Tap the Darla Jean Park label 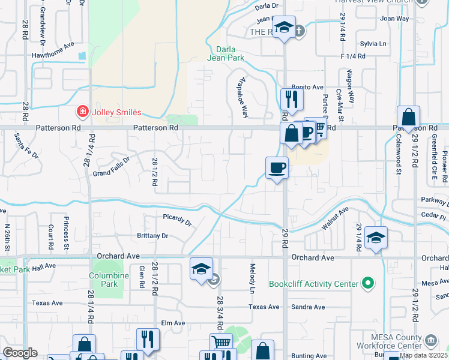225,54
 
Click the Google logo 20,353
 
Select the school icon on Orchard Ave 202,269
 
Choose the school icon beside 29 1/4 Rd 376,238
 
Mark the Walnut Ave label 334,218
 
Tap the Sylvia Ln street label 373,44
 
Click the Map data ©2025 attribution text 424,355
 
